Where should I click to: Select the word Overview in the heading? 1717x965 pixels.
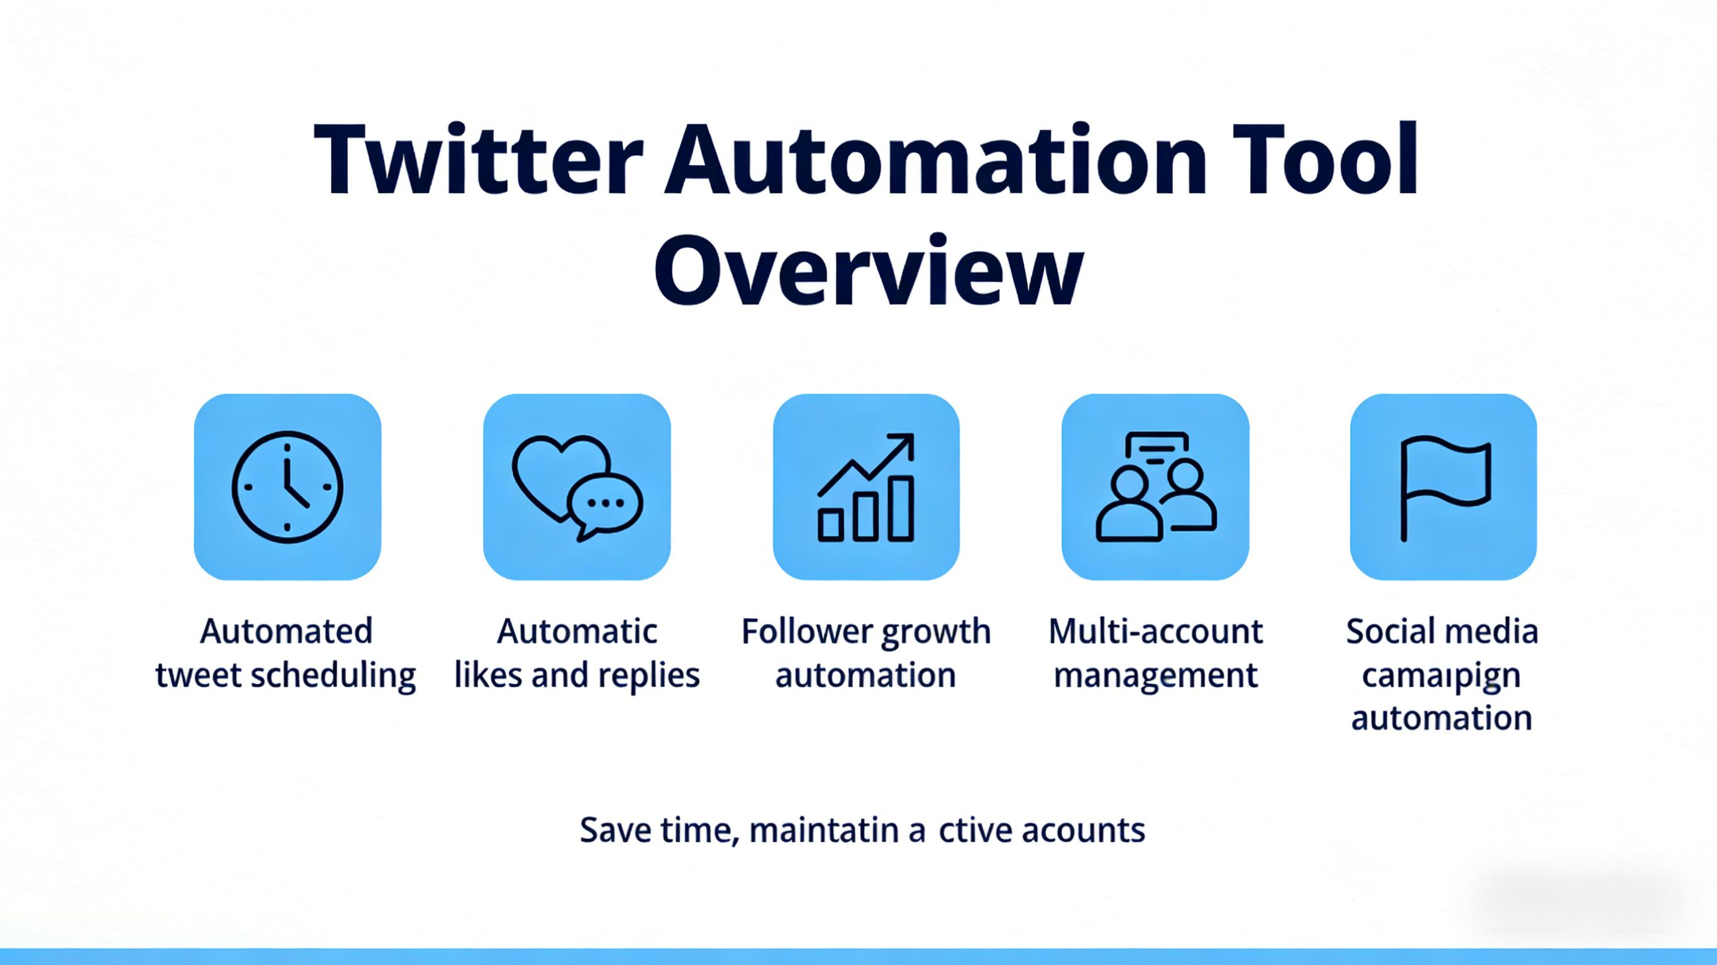click(868, 270)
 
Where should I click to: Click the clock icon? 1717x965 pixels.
click(287, 487)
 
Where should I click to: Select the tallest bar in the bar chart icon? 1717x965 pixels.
click(901, 508)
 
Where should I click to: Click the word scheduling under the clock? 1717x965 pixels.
click(333, 676)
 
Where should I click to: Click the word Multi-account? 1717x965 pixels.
click(1155, 631)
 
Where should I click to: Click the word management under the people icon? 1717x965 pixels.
click(1155, 676)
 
